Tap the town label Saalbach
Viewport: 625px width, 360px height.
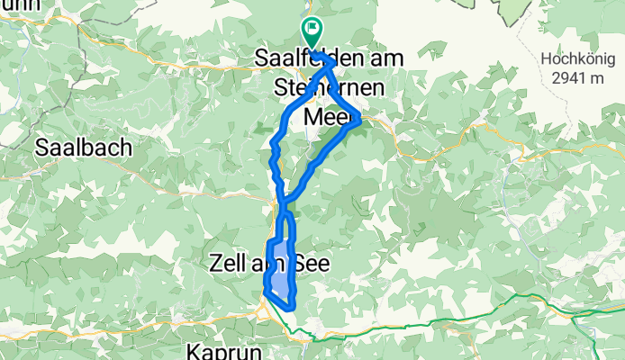pyautogui.click(x=84, y=147)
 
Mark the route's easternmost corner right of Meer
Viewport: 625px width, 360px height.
pyautogui.click(x=360, y=117)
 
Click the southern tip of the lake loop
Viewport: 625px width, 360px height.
pyautogui.click(x=291, y=308)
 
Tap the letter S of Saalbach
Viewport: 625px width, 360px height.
pyautogui.click(x=41, y=147)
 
